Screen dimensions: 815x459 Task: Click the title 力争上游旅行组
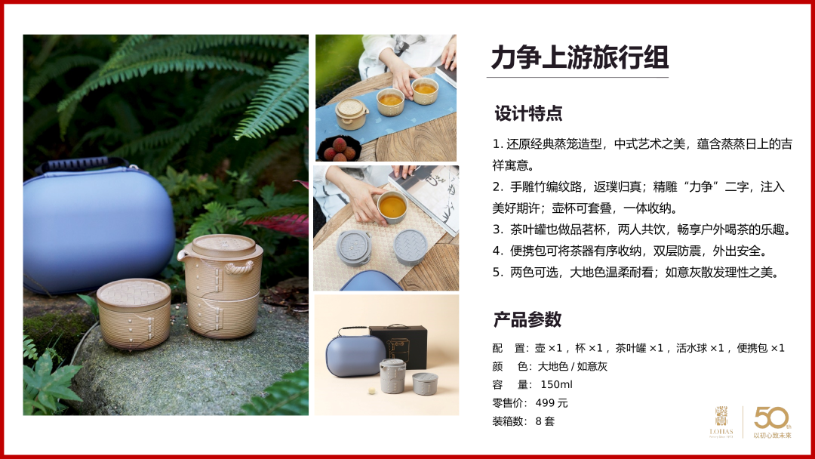(x=580, y=57)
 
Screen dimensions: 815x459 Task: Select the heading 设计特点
(x=528, y=113)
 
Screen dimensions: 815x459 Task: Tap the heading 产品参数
(x=527, y=319)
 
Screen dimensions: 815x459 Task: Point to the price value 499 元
(x=552, y=403)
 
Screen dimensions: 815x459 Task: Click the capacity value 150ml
(x=556, y=385)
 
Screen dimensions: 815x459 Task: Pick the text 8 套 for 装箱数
(x=545, y=421)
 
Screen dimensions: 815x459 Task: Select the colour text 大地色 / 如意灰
(x=572, y=366)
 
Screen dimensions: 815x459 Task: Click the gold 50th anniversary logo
(x=773, y=422)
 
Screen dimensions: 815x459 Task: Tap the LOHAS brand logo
(x=721, y=422)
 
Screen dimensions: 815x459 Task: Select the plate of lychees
(x=338, y=147)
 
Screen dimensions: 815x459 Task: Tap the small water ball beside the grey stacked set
(x=372, y=390)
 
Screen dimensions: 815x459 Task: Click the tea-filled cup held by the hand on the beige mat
(x=392, y=207)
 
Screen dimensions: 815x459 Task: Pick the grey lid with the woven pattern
(x=411, y=243)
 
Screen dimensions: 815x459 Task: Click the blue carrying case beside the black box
(x=355, y=355)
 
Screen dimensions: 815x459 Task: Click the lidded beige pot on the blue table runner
(x=352, y=114)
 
